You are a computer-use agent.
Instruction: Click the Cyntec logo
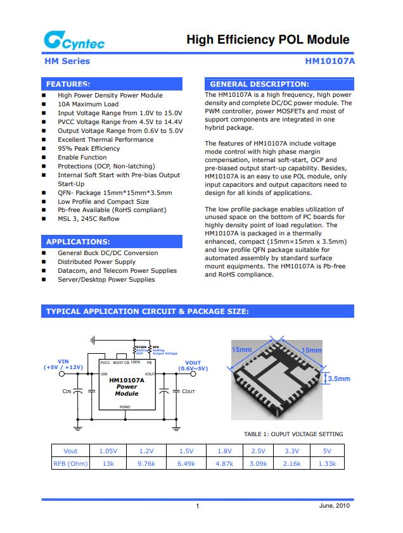(74, 41)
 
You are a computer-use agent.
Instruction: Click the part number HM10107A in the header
(330, 61)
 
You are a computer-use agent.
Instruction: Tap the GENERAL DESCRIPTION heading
(259, 84)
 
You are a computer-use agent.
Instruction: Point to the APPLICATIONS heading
(78, 241)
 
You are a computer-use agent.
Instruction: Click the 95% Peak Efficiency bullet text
(89, 149)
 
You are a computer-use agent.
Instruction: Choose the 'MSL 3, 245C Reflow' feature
(88, 219)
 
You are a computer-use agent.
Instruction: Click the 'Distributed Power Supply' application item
(96, 262)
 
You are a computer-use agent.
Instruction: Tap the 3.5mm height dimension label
(339, 379)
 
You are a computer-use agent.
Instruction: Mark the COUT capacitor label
(188, 392)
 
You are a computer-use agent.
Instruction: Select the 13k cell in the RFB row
(108, 463)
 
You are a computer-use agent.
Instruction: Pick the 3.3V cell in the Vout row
(291, 451)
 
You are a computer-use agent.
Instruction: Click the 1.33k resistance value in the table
(328, 463)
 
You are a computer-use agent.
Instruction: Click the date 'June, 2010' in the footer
(333, 506)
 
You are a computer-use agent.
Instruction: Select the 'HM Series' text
(67, 61)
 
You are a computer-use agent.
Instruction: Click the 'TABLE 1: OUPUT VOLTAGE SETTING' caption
(293, 434)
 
